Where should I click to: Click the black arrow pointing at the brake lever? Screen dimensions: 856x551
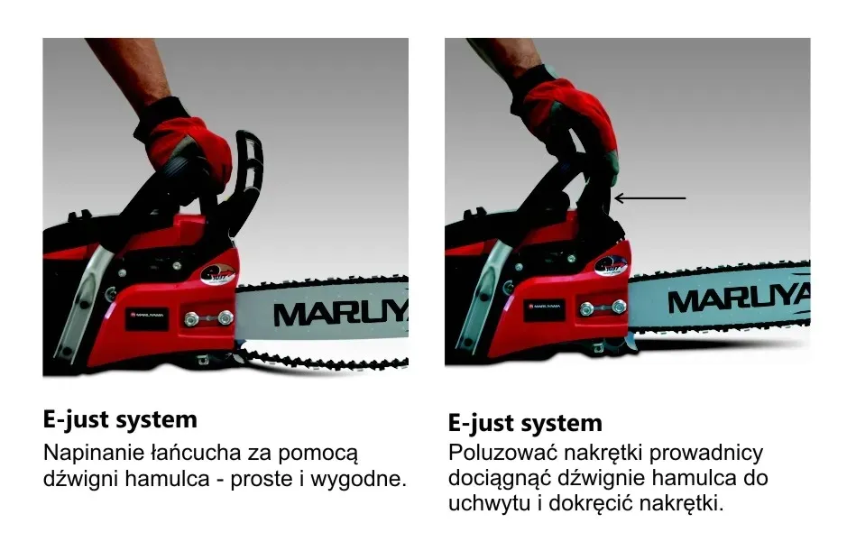coord(649,198)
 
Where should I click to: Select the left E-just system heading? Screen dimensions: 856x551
coord(120,420)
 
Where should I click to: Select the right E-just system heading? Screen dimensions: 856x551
coord(525,423)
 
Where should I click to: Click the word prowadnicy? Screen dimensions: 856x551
coord(706,454)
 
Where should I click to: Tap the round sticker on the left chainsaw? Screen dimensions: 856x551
coord(217,274)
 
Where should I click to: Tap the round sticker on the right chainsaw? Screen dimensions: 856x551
coord(612,266)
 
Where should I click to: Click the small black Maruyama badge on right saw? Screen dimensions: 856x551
coord(544,308)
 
